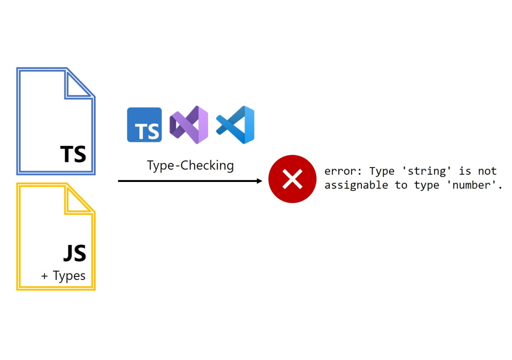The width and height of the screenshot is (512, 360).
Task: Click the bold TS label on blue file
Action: [x=73, y=154]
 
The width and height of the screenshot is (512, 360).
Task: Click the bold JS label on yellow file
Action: [x=74, y=253]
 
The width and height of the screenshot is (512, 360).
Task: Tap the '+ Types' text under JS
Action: [x=63, y=275]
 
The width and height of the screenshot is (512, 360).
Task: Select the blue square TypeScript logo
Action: [x=144, y=125]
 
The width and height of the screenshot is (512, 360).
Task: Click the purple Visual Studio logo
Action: [x=188, y=125]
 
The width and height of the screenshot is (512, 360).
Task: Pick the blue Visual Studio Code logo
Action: [x=235, y=125]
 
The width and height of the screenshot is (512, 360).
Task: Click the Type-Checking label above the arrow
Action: [x=190, y=165]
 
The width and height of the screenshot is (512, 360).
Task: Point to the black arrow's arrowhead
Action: [x=259, y=181]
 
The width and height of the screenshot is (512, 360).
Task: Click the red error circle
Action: [x=292, y=179]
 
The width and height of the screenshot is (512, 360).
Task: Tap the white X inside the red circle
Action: [x=292, y=179]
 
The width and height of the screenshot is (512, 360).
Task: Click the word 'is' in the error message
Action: [x=465, y=171]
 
